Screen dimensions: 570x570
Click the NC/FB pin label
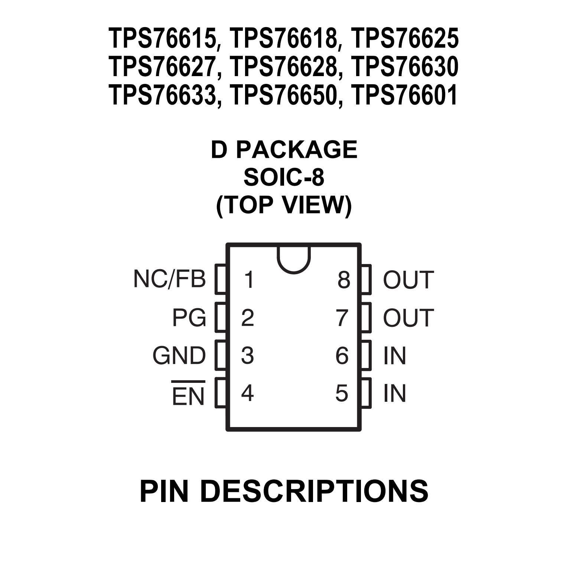click(169, 279)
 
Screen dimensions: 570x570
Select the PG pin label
click(189, 317)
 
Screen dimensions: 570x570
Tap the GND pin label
click(179, 355)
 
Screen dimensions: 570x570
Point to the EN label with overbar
click(188, 394)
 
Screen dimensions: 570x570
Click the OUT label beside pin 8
click(408, 280)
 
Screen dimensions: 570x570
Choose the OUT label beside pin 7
click(408, 317)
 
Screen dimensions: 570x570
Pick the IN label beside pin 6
click(395, 355)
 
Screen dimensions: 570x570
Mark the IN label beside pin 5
click(395, 393)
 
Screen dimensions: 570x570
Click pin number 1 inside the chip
click(249, 280)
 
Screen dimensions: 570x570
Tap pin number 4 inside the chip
click(247, 393)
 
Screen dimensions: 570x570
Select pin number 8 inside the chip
click(344, 280)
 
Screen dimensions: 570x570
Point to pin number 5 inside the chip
click(342, 393)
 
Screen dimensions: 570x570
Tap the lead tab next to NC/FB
click(221, 279)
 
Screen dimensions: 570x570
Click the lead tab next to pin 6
click(366, 355)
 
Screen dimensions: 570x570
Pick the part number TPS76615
click(163, 39)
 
